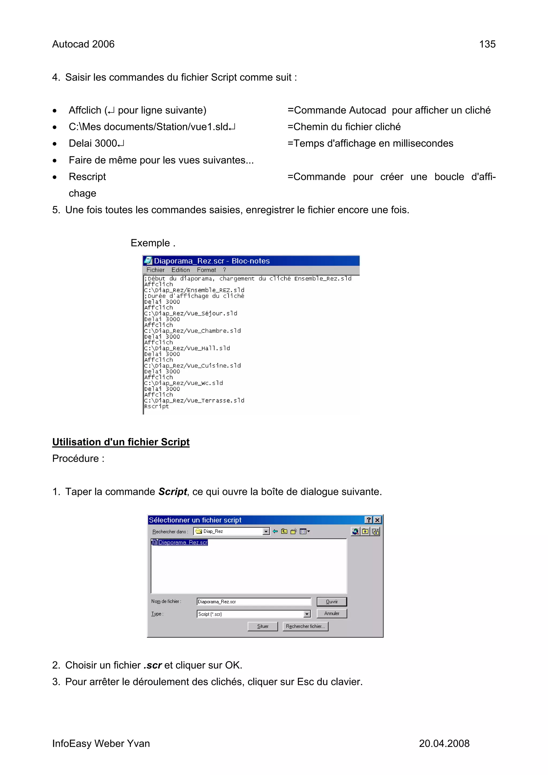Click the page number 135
tap(487, 44)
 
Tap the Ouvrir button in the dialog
tap(331, 601)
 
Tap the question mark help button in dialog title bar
tap(369, 520)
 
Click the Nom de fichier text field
tap(253, 601)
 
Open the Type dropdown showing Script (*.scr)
tap(307, 614)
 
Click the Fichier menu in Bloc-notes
tap(155, 270)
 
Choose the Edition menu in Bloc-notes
tap(180, 270)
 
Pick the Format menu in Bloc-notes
tap(206, 270)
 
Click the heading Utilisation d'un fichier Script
tap(120, 442)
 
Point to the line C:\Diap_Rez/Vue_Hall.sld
tap(187, 348)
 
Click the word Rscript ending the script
tap(156, 406)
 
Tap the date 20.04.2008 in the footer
tap(444, 743)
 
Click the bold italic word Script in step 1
tap(173, 491)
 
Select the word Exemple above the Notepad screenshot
tap(150, 243)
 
